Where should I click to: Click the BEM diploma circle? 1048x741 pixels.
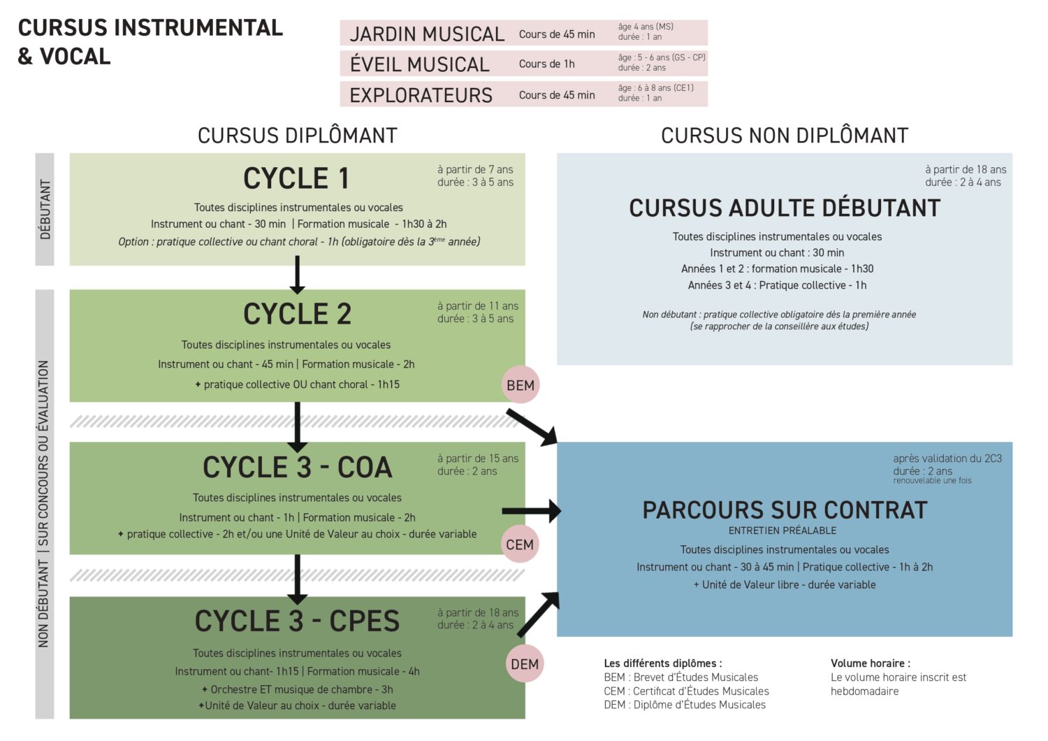[521, 385]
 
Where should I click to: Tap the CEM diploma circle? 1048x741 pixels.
[520, 545]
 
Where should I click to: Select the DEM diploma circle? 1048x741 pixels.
[525, 664]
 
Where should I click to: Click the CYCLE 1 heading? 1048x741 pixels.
[296, 178]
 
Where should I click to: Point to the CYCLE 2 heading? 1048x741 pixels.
[297, 315]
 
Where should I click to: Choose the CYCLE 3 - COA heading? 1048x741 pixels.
[297, 468]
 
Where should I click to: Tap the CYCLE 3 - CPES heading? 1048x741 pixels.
[297, 621]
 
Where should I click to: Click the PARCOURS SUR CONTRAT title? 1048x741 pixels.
[785, 510]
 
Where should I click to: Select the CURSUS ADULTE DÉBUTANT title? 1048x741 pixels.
[785, 208]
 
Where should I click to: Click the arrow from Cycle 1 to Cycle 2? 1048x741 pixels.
[297, 275]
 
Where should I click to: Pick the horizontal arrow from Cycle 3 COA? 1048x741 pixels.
[531, 511]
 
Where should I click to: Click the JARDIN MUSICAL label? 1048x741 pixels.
[426, 34]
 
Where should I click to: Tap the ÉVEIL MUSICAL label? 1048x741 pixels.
[419, 64]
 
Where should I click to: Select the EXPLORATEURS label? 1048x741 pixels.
[421, 95]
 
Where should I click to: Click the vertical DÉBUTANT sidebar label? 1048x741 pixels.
[45, 210]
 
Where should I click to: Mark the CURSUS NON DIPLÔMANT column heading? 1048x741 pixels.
[785, 136]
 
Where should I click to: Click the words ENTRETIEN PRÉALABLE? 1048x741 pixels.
[783, 531]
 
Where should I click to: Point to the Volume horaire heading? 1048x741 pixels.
[870, 663]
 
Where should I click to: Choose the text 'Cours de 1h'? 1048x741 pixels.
[546, 64]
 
